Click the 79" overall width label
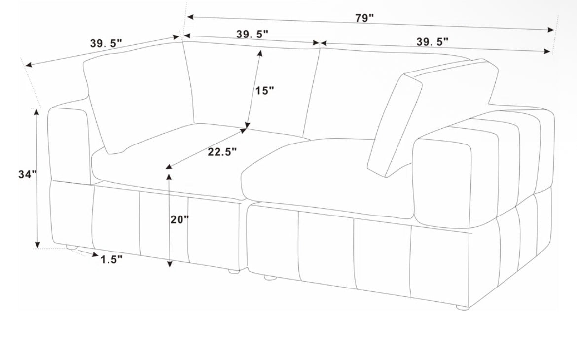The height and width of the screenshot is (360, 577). (364, 18)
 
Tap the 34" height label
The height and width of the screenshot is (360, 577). (28, 174)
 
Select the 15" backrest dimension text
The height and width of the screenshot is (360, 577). (265, 91)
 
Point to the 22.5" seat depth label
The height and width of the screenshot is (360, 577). (222, 152)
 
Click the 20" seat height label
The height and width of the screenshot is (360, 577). (180, 220)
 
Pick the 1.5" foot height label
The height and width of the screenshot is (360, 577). (111, 260)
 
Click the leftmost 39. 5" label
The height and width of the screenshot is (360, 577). (106, 43)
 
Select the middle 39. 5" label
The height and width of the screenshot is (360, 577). (252, 34)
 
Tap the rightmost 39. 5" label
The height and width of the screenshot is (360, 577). (433, 41)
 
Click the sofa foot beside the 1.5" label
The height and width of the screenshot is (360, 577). (72, 248)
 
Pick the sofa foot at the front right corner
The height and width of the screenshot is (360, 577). (463, 307)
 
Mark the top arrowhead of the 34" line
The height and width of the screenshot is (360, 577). (36, 112)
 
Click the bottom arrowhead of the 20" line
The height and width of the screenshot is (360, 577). (169, 263)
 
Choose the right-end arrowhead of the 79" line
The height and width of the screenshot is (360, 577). (551, 30)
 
